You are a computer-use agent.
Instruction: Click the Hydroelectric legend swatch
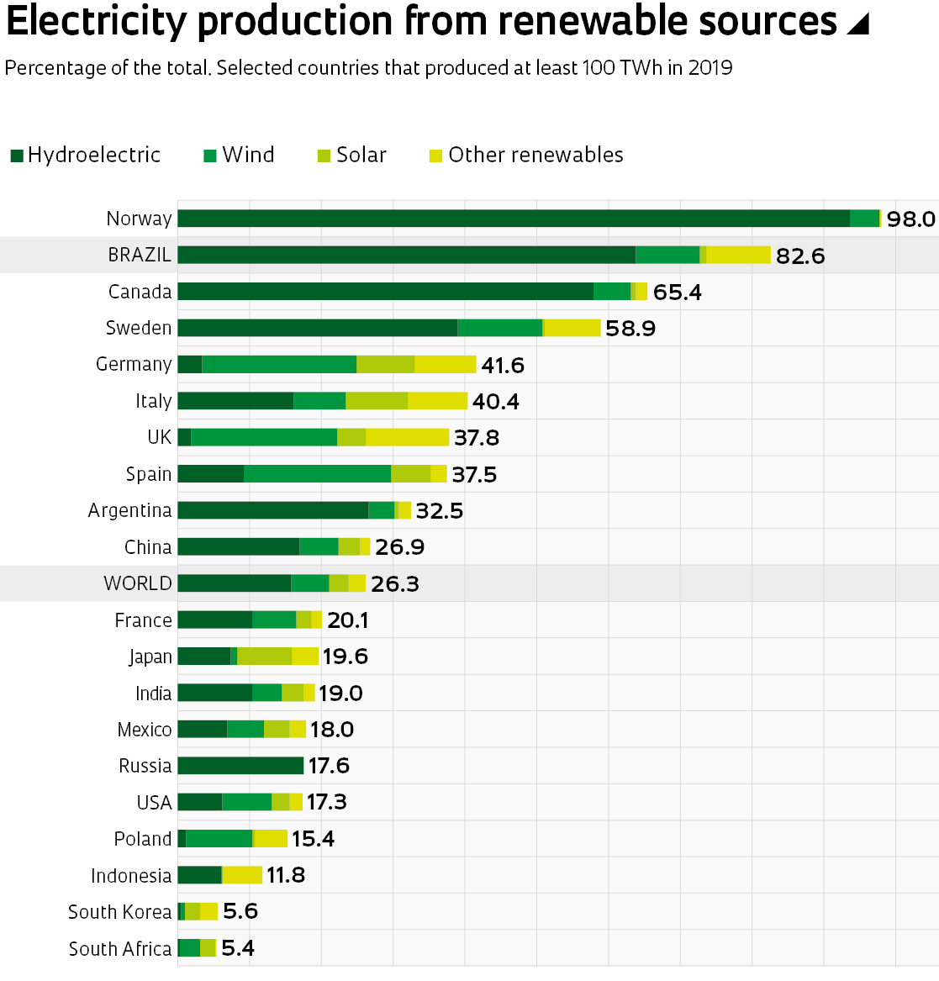17,156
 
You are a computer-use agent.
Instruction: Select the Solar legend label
361,155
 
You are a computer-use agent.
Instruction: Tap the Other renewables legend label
535,155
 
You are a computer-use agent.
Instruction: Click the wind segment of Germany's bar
279,364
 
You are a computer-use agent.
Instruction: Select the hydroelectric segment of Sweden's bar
317,328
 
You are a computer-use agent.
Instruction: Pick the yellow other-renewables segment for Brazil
738,255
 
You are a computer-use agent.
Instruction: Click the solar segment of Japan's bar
264,657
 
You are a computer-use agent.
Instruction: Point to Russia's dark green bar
240,766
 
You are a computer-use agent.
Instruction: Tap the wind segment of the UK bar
264,437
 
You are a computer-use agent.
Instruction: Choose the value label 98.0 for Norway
910,219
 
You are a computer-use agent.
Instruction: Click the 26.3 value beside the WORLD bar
394,584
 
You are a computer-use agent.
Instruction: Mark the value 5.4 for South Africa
238,949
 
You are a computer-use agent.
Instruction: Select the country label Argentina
129,510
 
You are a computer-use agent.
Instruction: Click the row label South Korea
119,912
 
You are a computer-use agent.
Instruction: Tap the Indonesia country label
131,876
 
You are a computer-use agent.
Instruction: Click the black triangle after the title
857,24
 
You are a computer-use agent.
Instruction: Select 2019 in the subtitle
710,67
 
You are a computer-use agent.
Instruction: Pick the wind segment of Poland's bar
219,839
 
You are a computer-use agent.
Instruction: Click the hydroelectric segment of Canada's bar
385,292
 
